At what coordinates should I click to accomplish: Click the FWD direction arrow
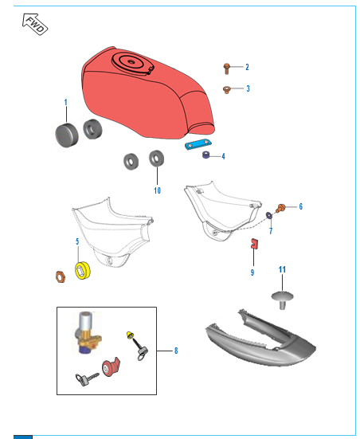pos(35,24)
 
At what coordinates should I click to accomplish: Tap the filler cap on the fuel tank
pos(131,63)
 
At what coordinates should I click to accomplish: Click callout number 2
pos(247,67)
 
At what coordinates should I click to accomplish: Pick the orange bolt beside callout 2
pos(226,69)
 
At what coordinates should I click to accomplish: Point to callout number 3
pos(248,88)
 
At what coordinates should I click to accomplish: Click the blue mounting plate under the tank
pos(198,144)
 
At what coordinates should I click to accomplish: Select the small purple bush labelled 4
pos(206,155)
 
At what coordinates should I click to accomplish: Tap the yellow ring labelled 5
pos(83,270)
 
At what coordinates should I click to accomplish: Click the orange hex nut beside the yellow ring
pos(61,276)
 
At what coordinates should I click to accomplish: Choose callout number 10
pos(158,190)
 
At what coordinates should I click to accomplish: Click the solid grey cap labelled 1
pos(67,135)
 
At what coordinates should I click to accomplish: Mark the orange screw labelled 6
pos(280,208)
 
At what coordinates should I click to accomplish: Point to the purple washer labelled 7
pos(269,215)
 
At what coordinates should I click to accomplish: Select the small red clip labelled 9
pos(254,243)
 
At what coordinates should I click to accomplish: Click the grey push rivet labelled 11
pos(282,300)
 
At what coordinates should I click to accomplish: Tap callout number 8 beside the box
pos(176,351)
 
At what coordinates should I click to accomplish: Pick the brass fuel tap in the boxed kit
pos(88,332)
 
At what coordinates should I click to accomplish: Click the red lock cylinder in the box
pos(111,367)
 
